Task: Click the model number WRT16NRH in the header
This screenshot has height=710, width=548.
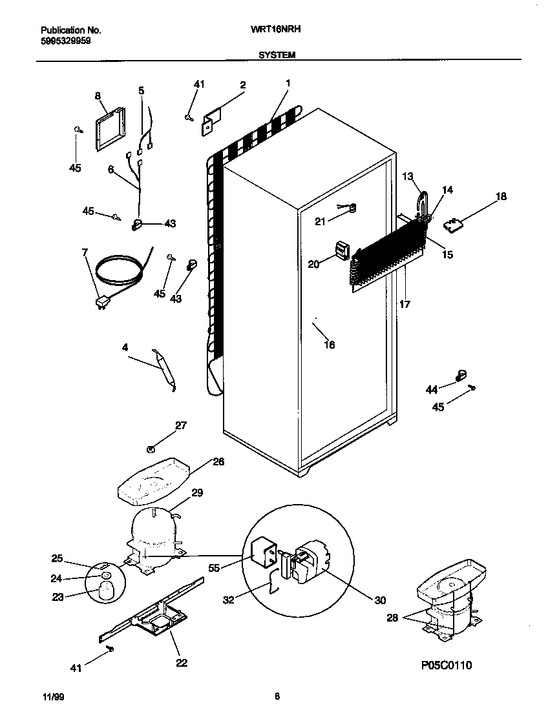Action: (x=277, y=30)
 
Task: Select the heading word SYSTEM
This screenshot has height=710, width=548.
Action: (x=277, y=56)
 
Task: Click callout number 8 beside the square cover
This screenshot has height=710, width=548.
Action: (x=98, y=96)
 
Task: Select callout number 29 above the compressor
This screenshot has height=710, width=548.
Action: (x=197, y=492)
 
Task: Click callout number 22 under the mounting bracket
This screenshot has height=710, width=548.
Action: (x=182, y=662)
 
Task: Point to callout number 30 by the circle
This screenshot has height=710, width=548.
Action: (x=379, y=600)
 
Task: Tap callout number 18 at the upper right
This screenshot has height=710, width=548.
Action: (x=501, y=196)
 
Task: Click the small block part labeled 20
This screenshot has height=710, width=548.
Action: (x=342, y=250)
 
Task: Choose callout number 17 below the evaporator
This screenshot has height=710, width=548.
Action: (x=404, y=303)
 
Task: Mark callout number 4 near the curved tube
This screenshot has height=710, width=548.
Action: (x=125, y=347)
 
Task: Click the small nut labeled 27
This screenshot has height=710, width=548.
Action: (x=150, y=449)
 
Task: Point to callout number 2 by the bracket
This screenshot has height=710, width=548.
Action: (x=242, y=85)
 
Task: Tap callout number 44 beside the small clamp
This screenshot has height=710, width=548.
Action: (x=431, y=389)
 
